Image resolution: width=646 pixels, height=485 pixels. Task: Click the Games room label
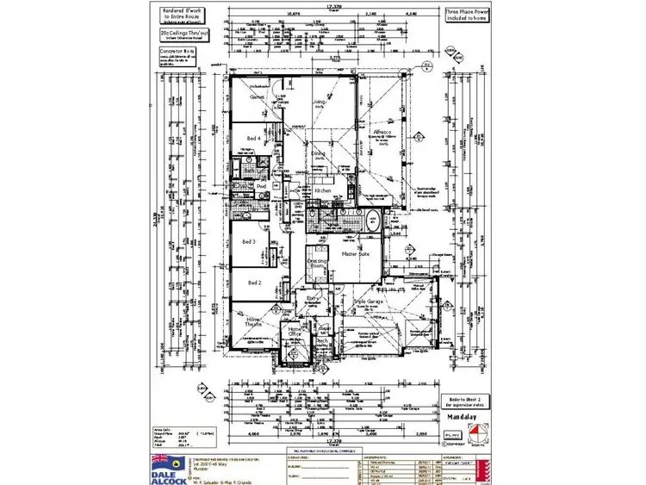pos(257,97)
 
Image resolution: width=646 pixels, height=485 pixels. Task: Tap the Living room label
pos(320,102)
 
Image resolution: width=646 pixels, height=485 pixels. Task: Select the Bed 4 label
pos(253,138)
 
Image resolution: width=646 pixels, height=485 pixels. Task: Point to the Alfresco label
pos(382,132)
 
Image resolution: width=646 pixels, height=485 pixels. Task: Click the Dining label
pos(318,154)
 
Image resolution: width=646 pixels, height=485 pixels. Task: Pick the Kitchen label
pos(323,190)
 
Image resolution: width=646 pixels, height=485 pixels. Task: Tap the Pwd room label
pos(260,186)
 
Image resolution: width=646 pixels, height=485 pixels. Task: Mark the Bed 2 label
pos(254,282)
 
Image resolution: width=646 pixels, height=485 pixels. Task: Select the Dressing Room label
pos(317,265)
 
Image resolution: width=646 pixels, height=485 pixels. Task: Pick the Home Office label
pos(295,332)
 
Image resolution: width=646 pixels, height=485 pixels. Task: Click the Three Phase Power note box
pos(466,15)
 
